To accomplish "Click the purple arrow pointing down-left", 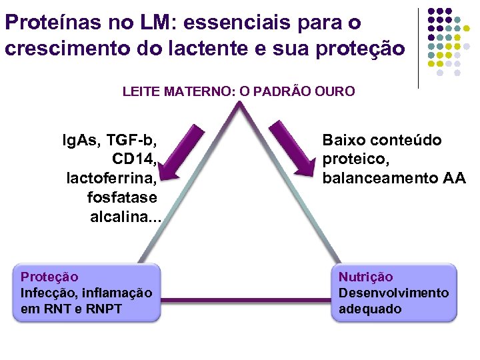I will point(177,153).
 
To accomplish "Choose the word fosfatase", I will point(122,198).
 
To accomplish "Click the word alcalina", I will point(121,217).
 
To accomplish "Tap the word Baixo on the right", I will point(343,140).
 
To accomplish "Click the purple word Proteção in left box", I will point(49,277).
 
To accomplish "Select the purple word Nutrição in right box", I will point(366,277).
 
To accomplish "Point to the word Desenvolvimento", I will point(393,293).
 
